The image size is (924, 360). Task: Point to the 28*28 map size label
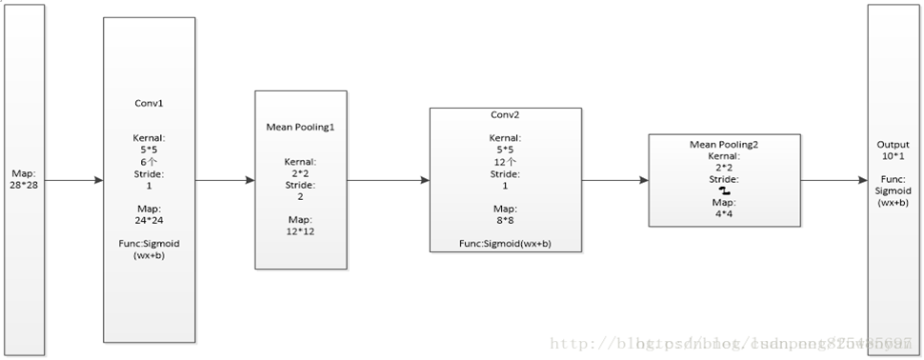23,185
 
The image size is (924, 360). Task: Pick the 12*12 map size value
300,231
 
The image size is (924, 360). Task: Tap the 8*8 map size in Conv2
504,220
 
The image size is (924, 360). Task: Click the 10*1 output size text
893,155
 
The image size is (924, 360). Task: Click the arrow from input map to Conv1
73,179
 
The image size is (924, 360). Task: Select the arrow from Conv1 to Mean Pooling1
225,179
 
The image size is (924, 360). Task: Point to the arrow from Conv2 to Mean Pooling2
614,179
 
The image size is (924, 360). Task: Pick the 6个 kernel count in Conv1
148,162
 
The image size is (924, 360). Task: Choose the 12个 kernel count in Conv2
504,162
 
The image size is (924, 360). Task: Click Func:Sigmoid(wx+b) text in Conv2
504,244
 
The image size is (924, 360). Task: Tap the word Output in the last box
893,145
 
